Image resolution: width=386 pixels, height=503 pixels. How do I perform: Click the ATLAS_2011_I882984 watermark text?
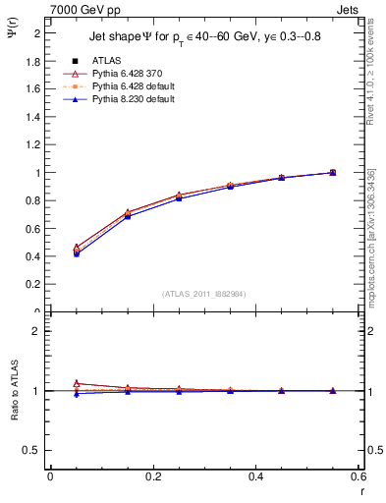click(203, 293)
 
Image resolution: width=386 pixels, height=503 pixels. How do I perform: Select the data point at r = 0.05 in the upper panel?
click(77, 251)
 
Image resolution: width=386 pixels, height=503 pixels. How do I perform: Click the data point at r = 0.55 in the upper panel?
click(333, 173)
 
